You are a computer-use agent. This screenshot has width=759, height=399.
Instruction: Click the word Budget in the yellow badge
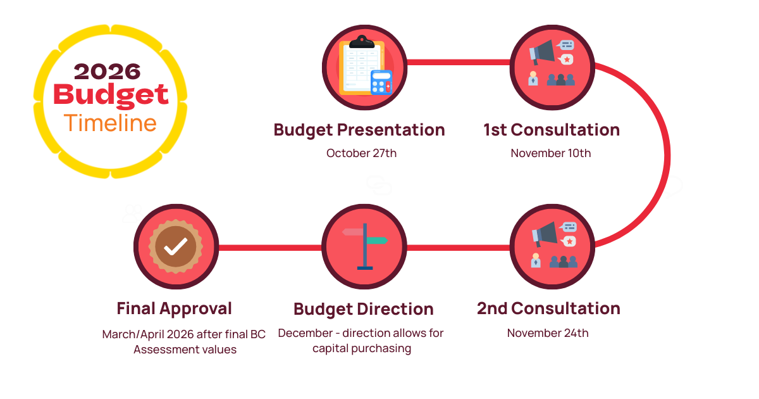111,96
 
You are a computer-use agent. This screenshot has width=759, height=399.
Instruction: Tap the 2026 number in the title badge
107,72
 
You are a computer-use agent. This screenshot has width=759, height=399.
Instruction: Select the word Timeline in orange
110,123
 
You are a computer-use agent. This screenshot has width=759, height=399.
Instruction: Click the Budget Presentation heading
359,130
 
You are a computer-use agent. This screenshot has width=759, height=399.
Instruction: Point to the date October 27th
361,153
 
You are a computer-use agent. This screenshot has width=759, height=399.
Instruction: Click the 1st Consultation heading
552,130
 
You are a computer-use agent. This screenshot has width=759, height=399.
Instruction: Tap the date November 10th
551,153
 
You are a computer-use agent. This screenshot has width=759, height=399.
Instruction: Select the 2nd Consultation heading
548,309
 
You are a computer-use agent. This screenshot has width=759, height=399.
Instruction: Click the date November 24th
548,333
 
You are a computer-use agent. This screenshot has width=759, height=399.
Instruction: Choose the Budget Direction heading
364,310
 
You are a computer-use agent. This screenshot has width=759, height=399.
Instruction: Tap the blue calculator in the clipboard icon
381,82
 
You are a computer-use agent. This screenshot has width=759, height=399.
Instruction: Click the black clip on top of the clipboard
362,42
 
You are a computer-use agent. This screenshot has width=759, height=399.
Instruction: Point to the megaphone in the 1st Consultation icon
542,52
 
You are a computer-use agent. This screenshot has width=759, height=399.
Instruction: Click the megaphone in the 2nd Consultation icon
545,234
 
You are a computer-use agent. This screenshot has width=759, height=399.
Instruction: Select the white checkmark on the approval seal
176,246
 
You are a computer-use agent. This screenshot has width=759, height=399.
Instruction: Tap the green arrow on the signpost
378,241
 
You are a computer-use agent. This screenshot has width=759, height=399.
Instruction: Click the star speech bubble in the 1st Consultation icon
566,60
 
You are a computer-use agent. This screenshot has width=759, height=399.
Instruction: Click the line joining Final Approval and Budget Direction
270,248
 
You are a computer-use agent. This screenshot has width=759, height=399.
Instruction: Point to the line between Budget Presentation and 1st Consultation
459,63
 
